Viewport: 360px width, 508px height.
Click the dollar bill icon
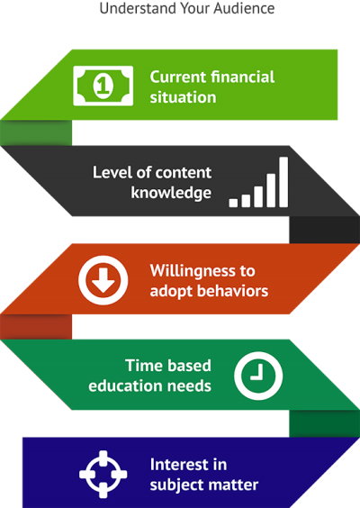103,86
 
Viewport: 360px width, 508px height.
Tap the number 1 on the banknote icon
103,86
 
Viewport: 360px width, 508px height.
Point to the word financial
242,77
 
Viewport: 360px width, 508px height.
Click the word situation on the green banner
183,97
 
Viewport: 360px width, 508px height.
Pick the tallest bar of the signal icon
283,182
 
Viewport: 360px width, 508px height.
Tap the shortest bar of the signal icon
233,203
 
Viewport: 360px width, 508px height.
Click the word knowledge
171,193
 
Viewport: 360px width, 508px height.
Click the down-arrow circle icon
103,280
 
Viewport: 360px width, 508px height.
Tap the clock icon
258,376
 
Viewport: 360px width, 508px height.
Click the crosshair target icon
103,474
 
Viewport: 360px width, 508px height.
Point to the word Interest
177,465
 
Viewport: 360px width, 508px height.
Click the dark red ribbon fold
36,327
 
